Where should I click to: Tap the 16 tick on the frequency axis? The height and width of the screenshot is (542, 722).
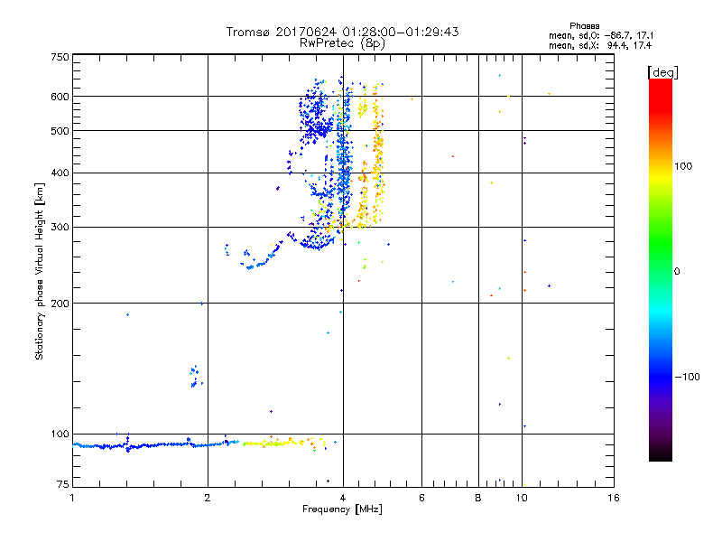point(613,498)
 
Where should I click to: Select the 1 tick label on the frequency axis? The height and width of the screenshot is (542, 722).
point(72,498)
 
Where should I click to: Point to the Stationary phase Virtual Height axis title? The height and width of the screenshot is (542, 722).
point(40,271)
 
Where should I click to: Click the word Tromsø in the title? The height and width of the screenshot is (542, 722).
point(247,32)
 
